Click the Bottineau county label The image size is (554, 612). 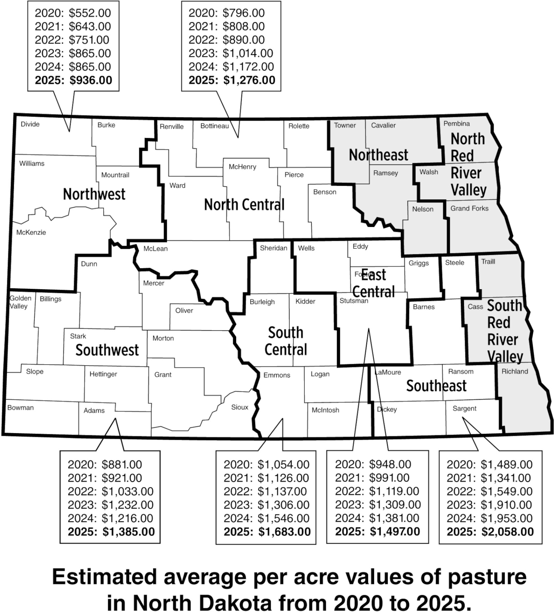point(214,126)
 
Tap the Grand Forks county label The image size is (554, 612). point(469,209)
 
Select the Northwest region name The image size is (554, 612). point(94,194)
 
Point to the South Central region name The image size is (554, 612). point(286,341)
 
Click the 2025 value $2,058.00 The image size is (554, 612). point(507,532)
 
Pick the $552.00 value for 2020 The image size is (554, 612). point(90,13)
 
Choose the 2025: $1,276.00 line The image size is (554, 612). point(231,80)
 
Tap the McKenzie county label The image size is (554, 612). point(31,233)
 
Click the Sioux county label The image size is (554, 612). point(240,407)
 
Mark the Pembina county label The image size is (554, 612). point(456,124)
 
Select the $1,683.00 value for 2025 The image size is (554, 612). point(284,532)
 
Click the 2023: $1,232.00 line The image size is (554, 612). point(110,505)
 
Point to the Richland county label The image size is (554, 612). point(514,372)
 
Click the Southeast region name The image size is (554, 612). point(436,386)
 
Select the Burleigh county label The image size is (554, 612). point(262,302)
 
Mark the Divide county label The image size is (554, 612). point(30,125)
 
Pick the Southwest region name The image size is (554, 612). point(107,350)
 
